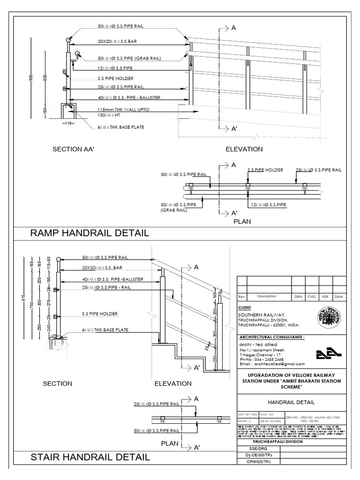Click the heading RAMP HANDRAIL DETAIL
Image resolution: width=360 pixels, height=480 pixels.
pyautogui.click(x=90, y=233)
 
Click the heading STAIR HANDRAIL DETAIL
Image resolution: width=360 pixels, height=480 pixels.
pyautogui.click(x=90, y=457)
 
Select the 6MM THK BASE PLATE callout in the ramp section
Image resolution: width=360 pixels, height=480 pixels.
pyautogui.click(x=121, y=127)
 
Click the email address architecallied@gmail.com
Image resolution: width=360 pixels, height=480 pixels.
pyautogui.click(x=272, y=364)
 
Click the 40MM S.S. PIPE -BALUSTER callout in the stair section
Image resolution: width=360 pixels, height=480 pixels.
pyautogui.click(x=112, y=279)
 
